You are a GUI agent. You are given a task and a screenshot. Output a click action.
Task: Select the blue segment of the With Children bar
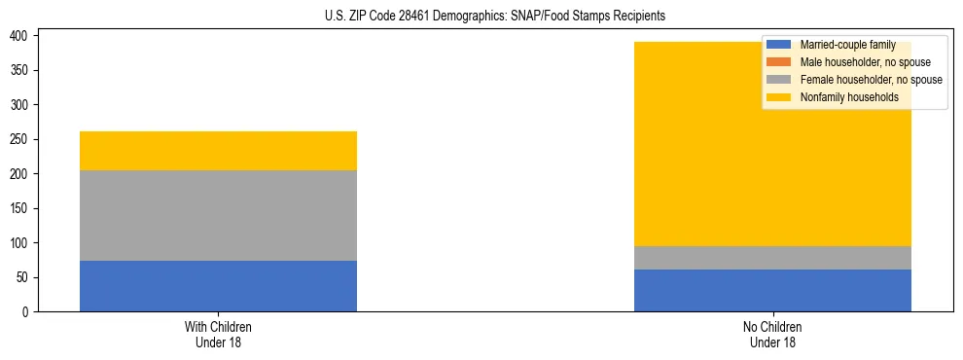218,286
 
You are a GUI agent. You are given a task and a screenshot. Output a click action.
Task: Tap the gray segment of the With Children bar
218,215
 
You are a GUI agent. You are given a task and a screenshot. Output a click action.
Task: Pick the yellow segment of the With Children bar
218,151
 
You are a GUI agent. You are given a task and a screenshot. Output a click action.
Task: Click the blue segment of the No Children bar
772,290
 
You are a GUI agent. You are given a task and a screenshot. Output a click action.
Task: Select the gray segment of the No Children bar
772,258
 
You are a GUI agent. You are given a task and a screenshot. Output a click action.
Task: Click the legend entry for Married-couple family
847,45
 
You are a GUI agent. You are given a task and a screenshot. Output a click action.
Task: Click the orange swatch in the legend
779,62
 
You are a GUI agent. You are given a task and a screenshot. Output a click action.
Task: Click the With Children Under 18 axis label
218,334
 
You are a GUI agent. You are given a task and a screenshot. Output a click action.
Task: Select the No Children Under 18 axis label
772,334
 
